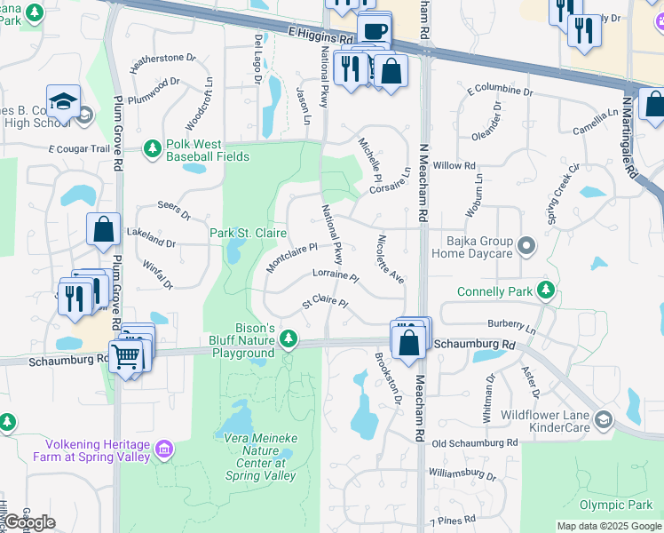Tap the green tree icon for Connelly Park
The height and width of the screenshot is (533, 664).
pyautogui.click(x=546, y=290)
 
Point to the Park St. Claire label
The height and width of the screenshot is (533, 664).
pyautogui.click(x=248, y=233)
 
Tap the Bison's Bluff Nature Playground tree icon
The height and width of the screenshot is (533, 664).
pyautogui.click(x=288, y=338)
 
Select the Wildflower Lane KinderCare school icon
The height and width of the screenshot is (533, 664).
pyautogui.click(x=604, y=419)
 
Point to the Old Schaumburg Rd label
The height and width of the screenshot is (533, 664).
pyautogui.click(x=474, y=442)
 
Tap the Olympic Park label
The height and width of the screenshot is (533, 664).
pyautogui.click(x=616, y=505)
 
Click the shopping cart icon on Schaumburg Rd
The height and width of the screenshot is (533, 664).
pyautogui.click(x=127, y=356)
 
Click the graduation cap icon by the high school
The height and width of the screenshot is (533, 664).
pyautogui.click(x=64, y=102)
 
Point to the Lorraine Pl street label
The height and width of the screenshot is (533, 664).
pyautogui.click(x=335, y=277)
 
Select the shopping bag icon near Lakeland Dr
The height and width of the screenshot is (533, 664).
pyautogui.click(x=104, y=229)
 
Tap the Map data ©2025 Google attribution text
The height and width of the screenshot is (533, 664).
pyautogui.click(x=609, y=526)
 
